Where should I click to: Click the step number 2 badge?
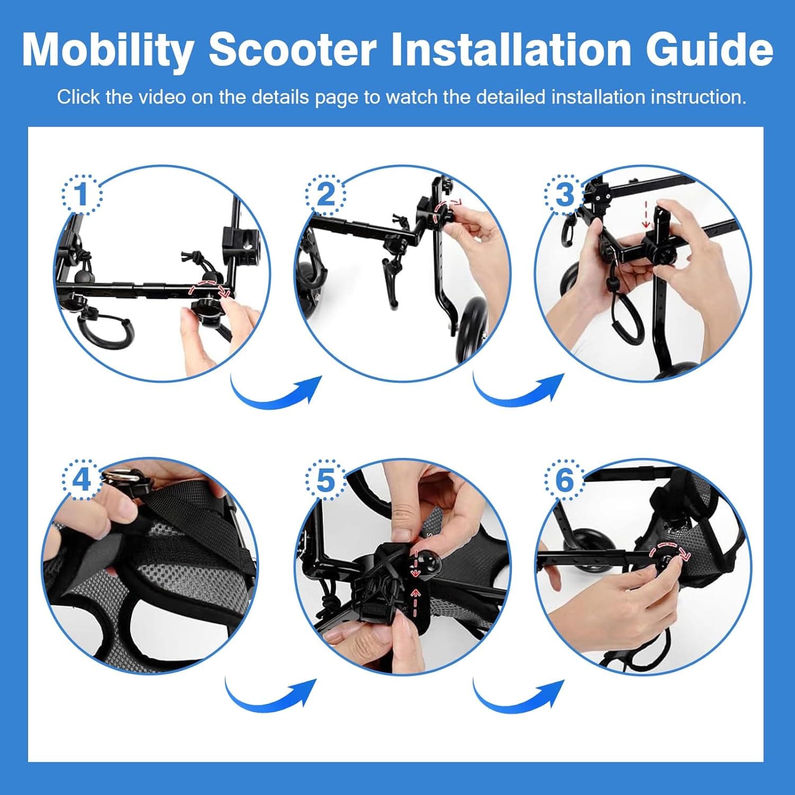(324, 194)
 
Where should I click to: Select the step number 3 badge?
(564, 194)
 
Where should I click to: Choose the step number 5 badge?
(324, 480)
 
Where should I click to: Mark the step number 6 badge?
(564, 480)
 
